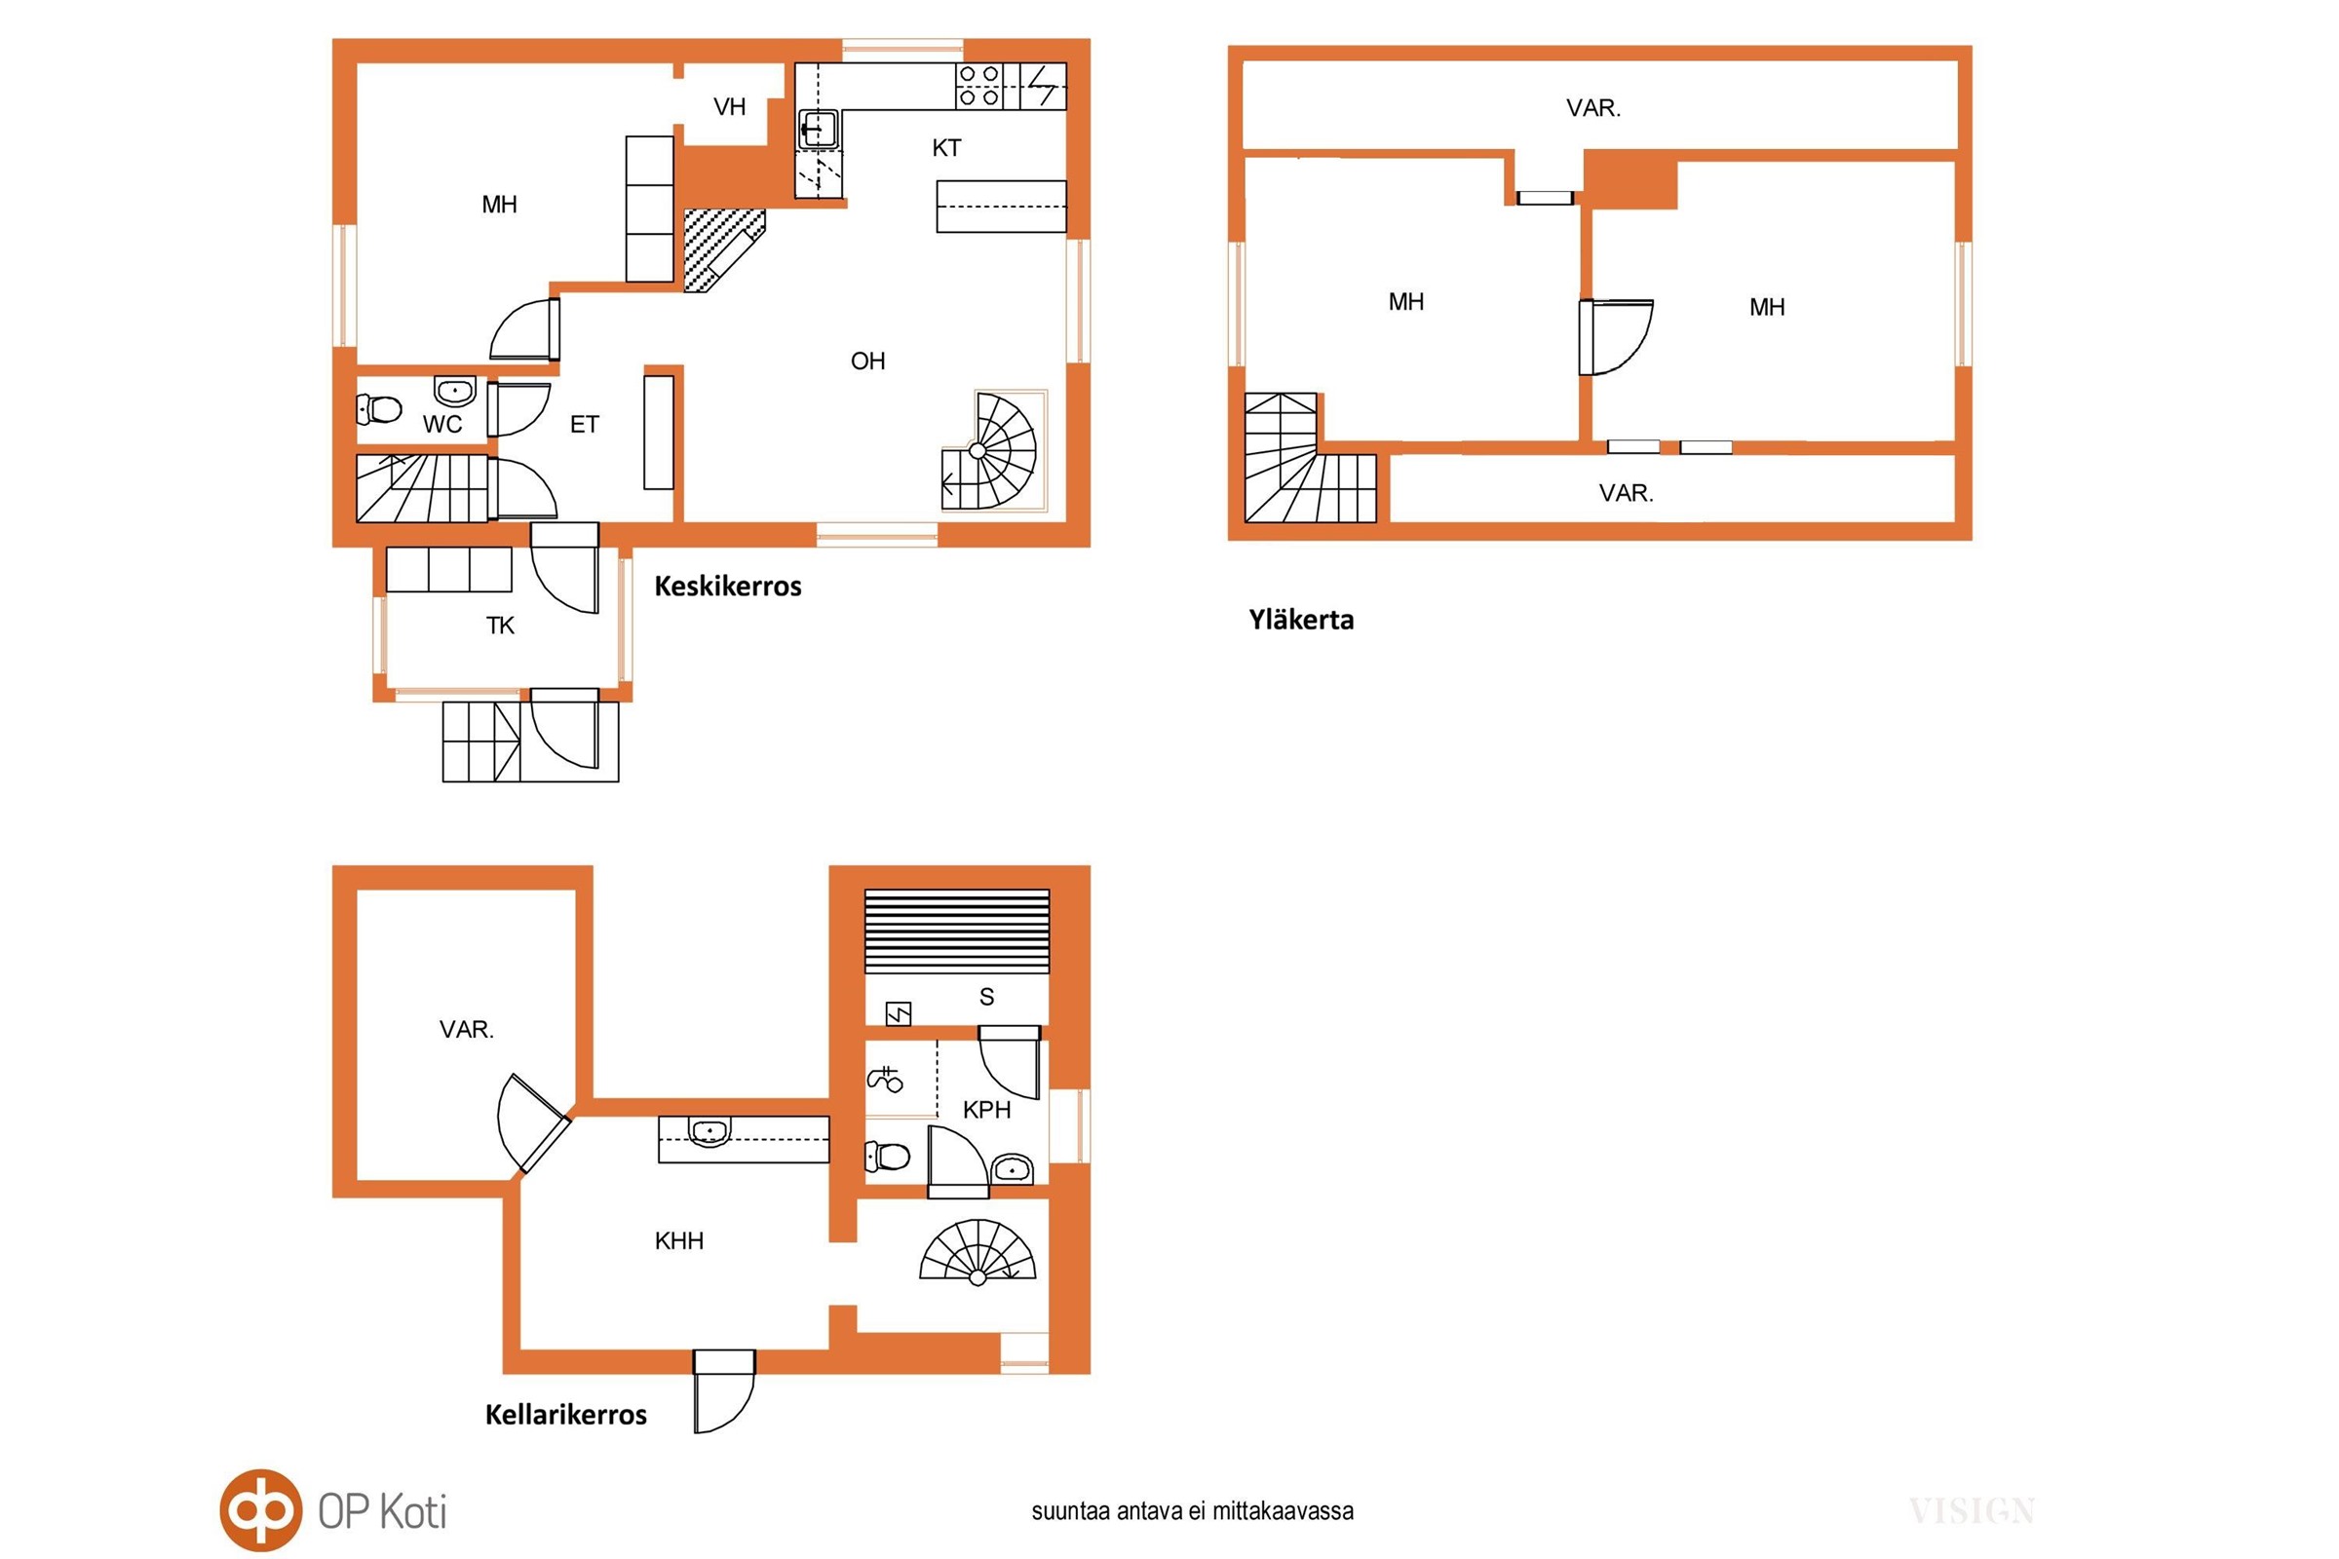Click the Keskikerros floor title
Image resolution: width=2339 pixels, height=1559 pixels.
coord(727,587)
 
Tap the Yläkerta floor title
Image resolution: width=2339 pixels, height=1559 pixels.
coord(1301,621)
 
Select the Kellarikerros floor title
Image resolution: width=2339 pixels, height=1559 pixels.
coord(566,1415)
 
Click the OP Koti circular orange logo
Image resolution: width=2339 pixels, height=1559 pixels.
coord(260,1509)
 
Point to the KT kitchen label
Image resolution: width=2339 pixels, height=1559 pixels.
coord(946,148)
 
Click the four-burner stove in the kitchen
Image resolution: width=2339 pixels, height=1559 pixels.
coord(978,86)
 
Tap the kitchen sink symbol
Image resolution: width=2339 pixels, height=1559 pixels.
coord(819,130)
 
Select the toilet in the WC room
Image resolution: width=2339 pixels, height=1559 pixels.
coord(379,407)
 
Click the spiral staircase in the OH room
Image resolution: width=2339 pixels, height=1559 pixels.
coord(989,451)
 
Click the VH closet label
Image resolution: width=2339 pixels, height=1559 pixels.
coord(729,106)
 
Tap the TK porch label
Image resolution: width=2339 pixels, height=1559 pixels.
coord(500,626)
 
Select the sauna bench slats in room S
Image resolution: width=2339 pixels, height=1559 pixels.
coord(957,931)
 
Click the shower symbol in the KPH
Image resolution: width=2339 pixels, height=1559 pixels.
coord(884,1079)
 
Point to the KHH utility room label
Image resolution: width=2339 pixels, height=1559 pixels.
coord(679,1240)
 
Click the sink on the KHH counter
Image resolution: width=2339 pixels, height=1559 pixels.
coord(709,1131)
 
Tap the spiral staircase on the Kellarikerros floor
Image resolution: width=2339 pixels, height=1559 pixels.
coord(978,1251)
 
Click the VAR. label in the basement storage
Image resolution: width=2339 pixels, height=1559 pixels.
coord(467,1029)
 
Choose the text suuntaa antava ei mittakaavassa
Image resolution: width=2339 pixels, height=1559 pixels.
coord(1192,1511)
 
